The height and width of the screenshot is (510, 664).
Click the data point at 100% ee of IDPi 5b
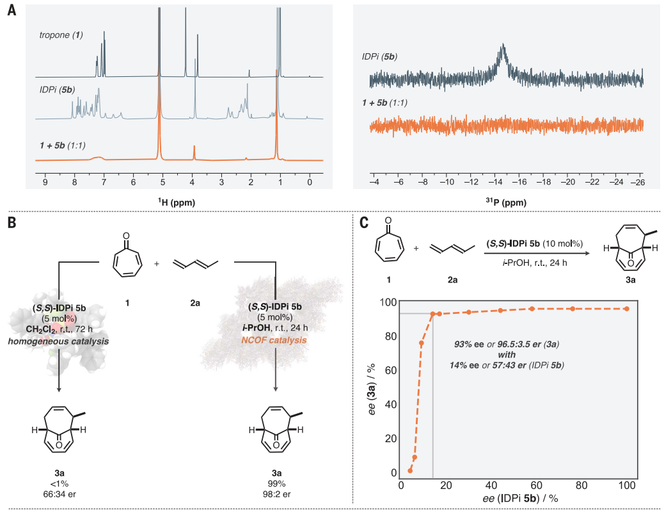pos(626,309)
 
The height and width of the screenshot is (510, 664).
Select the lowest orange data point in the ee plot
pos(410,470)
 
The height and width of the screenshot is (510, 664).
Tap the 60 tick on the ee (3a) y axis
pos(383,370)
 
